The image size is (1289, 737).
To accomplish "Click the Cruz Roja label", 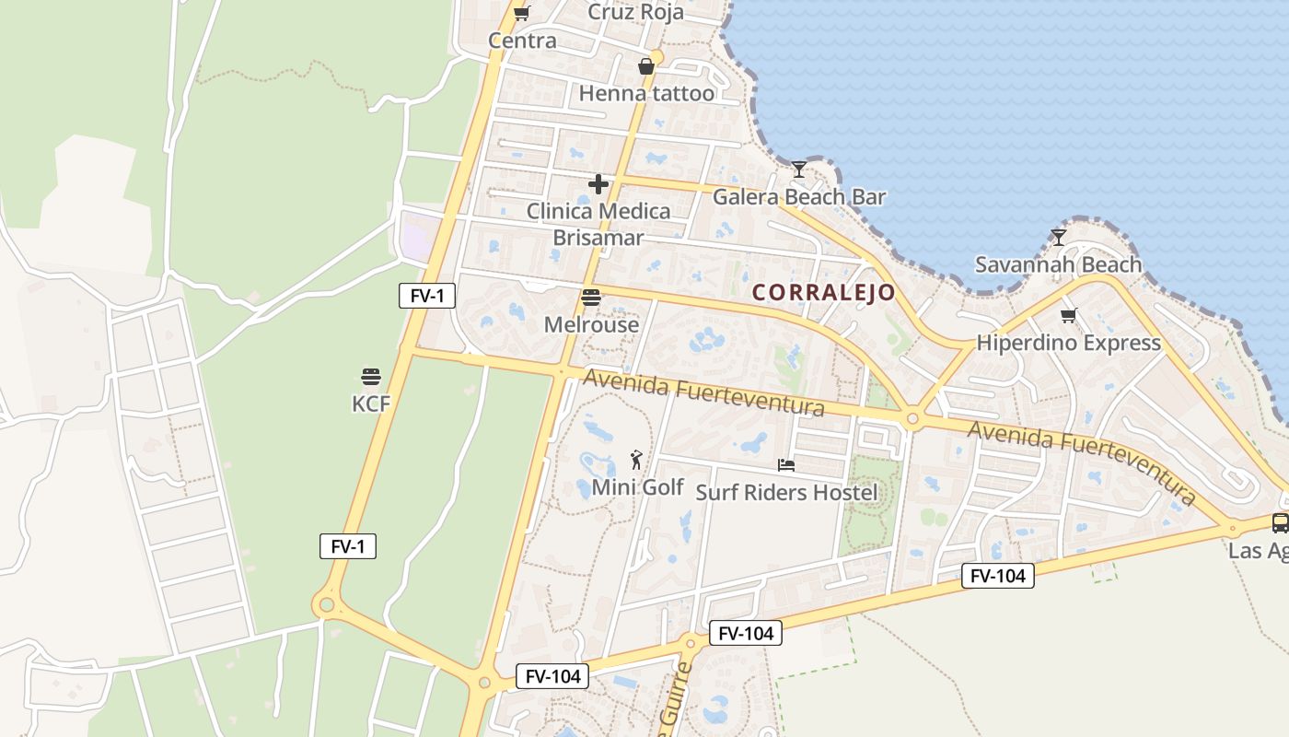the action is coord(635,12).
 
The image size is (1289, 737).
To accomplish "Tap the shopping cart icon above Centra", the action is coord(522,13).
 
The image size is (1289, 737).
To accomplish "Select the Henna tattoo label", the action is coord(646,93).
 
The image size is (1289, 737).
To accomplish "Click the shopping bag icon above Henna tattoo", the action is coord(646,66).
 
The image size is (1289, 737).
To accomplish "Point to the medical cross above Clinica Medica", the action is coord(598,184).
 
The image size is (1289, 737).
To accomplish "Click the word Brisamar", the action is coord(598,237).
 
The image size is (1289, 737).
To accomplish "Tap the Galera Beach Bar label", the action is coord(799,196).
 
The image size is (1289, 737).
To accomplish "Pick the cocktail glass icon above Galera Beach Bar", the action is coord(798,170).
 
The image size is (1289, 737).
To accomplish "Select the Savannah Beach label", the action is coord(1058,264).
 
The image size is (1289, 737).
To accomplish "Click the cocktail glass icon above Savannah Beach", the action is coord(1059,238).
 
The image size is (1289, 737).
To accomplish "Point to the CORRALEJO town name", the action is coord(824,293).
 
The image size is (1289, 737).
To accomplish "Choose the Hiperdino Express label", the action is coord(1068,343).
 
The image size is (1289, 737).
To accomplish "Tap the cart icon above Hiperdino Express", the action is coord(1068,316).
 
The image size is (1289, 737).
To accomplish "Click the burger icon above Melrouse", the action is coord(591,298).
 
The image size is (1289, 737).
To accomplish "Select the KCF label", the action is coord(371,404).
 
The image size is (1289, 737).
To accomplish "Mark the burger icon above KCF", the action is coord(371,377).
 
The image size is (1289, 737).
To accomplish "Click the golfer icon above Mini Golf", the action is coord(636,460).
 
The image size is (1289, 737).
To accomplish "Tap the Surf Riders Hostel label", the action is coord(786,492).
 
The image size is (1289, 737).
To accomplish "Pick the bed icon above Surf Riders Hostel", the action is coord(786,465).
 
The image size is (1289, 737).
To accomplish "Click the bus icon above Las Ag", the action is coord(1280,523).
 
